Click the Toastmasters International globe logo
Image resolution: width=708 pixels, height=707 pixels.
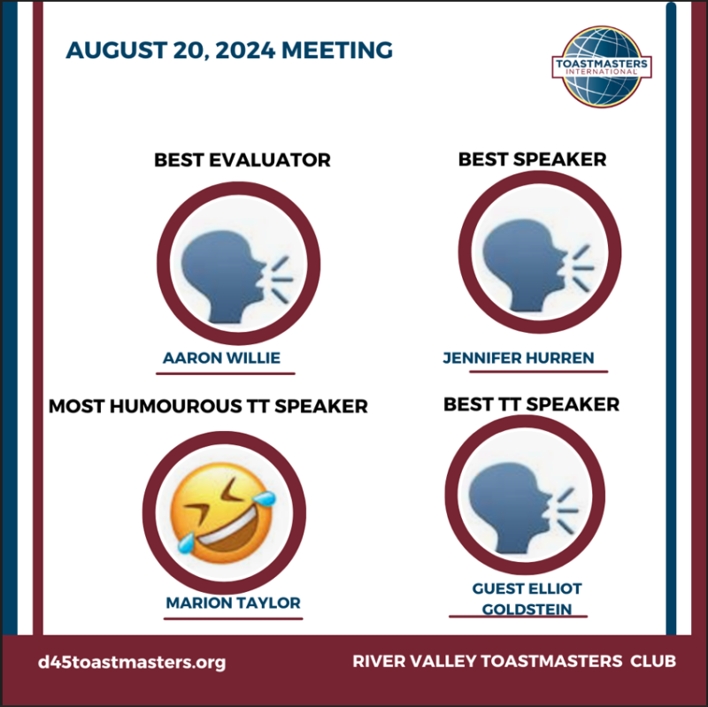click(602, 66)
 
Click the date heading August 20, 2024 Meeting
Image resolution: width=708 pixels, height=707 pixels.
click(229, 50)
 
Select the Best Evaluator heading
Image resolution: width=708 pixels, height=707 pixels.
click(242, 160)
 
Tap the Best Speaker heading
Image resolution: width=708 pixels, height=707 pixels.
click(533, 159)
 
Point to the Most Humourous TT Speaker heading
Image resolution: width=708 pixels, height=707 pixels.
click(208, 406)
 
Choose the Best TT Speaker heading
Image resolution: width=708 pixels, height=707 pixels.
click(532, 404)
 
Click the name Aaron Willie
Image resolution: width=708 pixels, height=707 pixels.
click(222, 358)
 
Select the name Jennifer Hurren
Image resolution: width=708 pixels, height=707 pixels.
click(519, 358)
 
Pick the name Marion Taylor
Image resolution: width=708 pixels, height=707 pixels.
click(233, 603)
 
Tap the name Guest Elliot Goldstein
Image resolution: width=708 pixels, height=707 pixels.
click(527, 599)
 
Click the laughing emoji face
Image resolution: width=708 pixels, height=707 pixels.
click(223, 513)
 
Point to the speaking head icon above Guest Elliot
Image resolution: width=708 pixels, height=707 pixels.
click(524, 508)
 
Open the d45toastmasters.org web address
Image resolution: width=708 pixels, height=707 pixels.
click(132, 662)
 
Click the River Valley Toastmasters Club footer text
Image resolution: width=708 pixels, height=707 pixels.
click(514, 661)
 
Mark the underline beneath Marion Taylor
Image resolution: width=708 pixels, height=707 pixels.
click(233, 619)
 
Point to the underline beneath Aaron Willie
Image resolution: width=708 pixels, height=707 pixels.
click(226, 373)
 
